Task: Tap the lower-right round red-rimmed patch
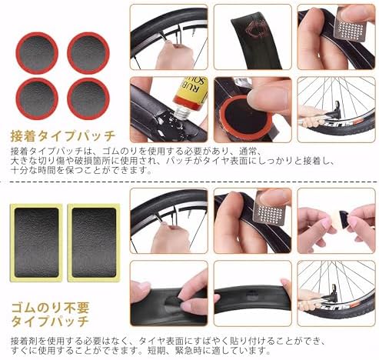coord(88,98)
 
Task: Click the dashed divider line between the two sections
coord(189,182)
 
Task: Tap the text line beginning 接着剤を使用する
coord(192,338)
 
